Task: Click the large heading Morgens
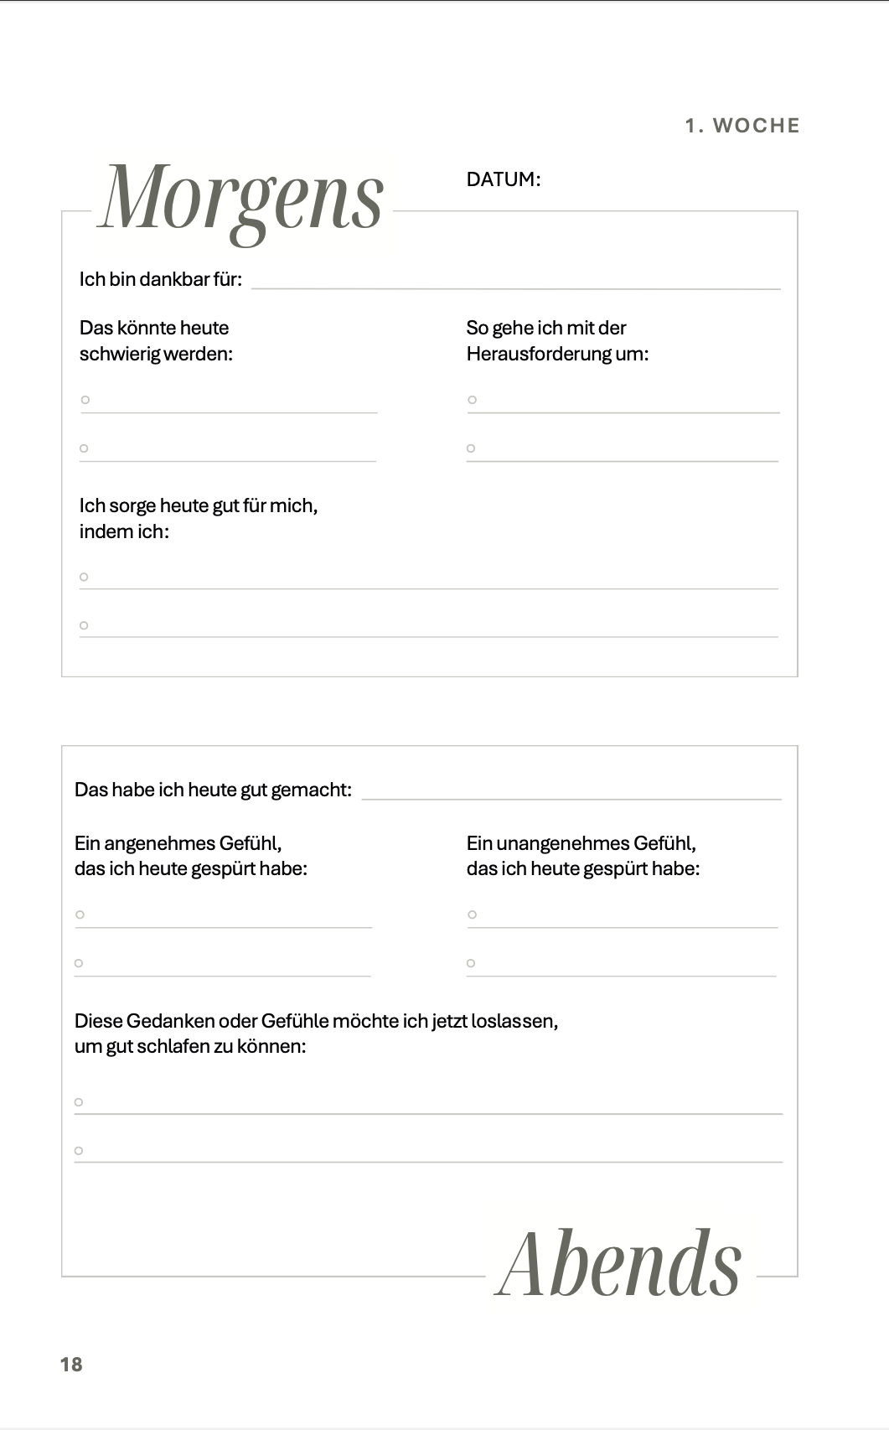tap(241, 199)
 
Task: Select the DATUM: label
tap(503, 179)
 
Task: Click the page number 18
tap(71, 1365)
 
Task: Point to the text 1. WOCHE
tap(742, 126)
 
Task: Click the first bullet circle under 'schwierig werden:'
tap(85, 400)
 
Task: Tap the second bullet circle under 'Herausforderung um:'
tap(471, 448)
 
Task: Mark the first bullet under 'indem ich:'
tap(84, 577)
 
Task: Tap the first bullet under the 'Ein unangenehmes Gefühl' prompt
tap(472, 914)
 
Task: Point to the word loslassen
tap(514, 1021)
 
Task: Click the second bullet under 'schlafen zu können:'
tap(79, 1151)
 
